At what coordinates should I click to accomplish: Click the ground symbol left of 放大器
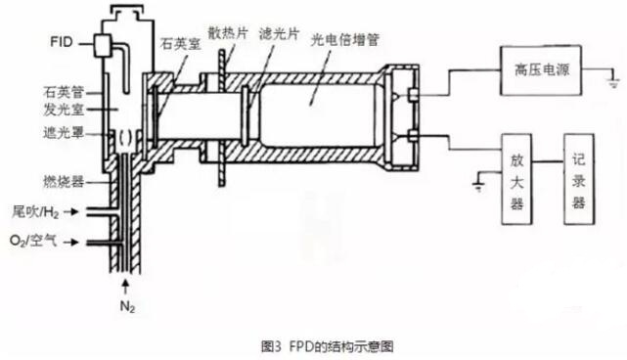(x=478, y=182)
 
